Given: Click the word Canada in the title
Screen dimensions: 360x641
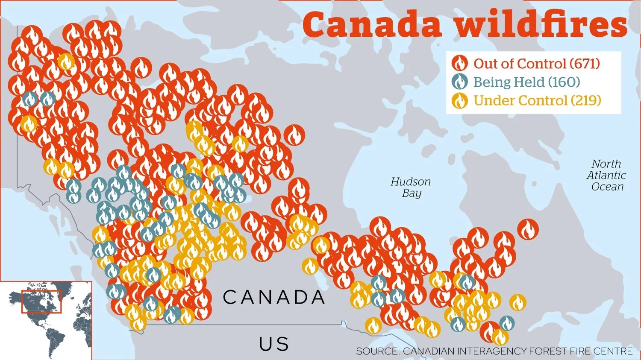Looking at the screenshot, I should pos(372,25).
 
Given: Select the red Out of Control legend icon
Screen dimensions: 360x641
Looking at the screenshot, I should pos(460,64).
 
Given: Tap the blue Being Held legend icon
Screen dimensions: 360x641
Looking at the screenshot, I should pos(460,82).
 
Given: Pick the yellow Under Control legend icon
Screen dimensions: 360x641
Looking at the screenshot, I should pos(460,101).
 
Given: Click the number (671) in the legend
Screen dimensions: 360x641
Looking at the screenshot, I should pos(585,64).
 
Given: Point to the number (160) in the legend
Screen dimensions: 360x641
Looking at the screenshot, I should pos(564,82).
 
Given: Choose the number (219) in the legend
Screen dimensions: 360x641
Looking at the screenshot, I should pos(586,101).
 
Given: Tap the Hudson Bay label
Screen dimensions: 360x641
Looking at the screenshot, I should pos(411,187).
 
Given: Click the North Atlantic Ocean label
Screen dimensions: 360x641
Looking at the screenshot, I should pos(606,176).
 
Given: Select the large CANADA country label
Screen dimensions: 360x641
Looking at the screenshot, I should pos(274,298).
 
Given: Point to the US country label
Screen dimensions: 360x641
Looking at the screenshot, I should pos(274,344).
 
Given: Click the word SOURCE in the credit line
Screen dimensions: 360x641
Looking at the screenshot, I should pos(378,351).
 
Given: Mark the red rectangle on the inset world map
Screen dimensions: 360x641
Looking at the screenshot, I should pos(41,301).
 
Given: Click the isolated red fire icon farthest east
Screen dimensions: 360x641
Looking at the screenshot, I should pos(528,229).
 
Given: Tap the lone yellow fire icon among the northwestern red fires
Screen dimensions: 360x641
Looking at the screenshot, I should pos(66,62).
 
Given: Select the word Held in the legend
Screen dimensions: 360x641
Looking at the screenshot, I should pos(530,82).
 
